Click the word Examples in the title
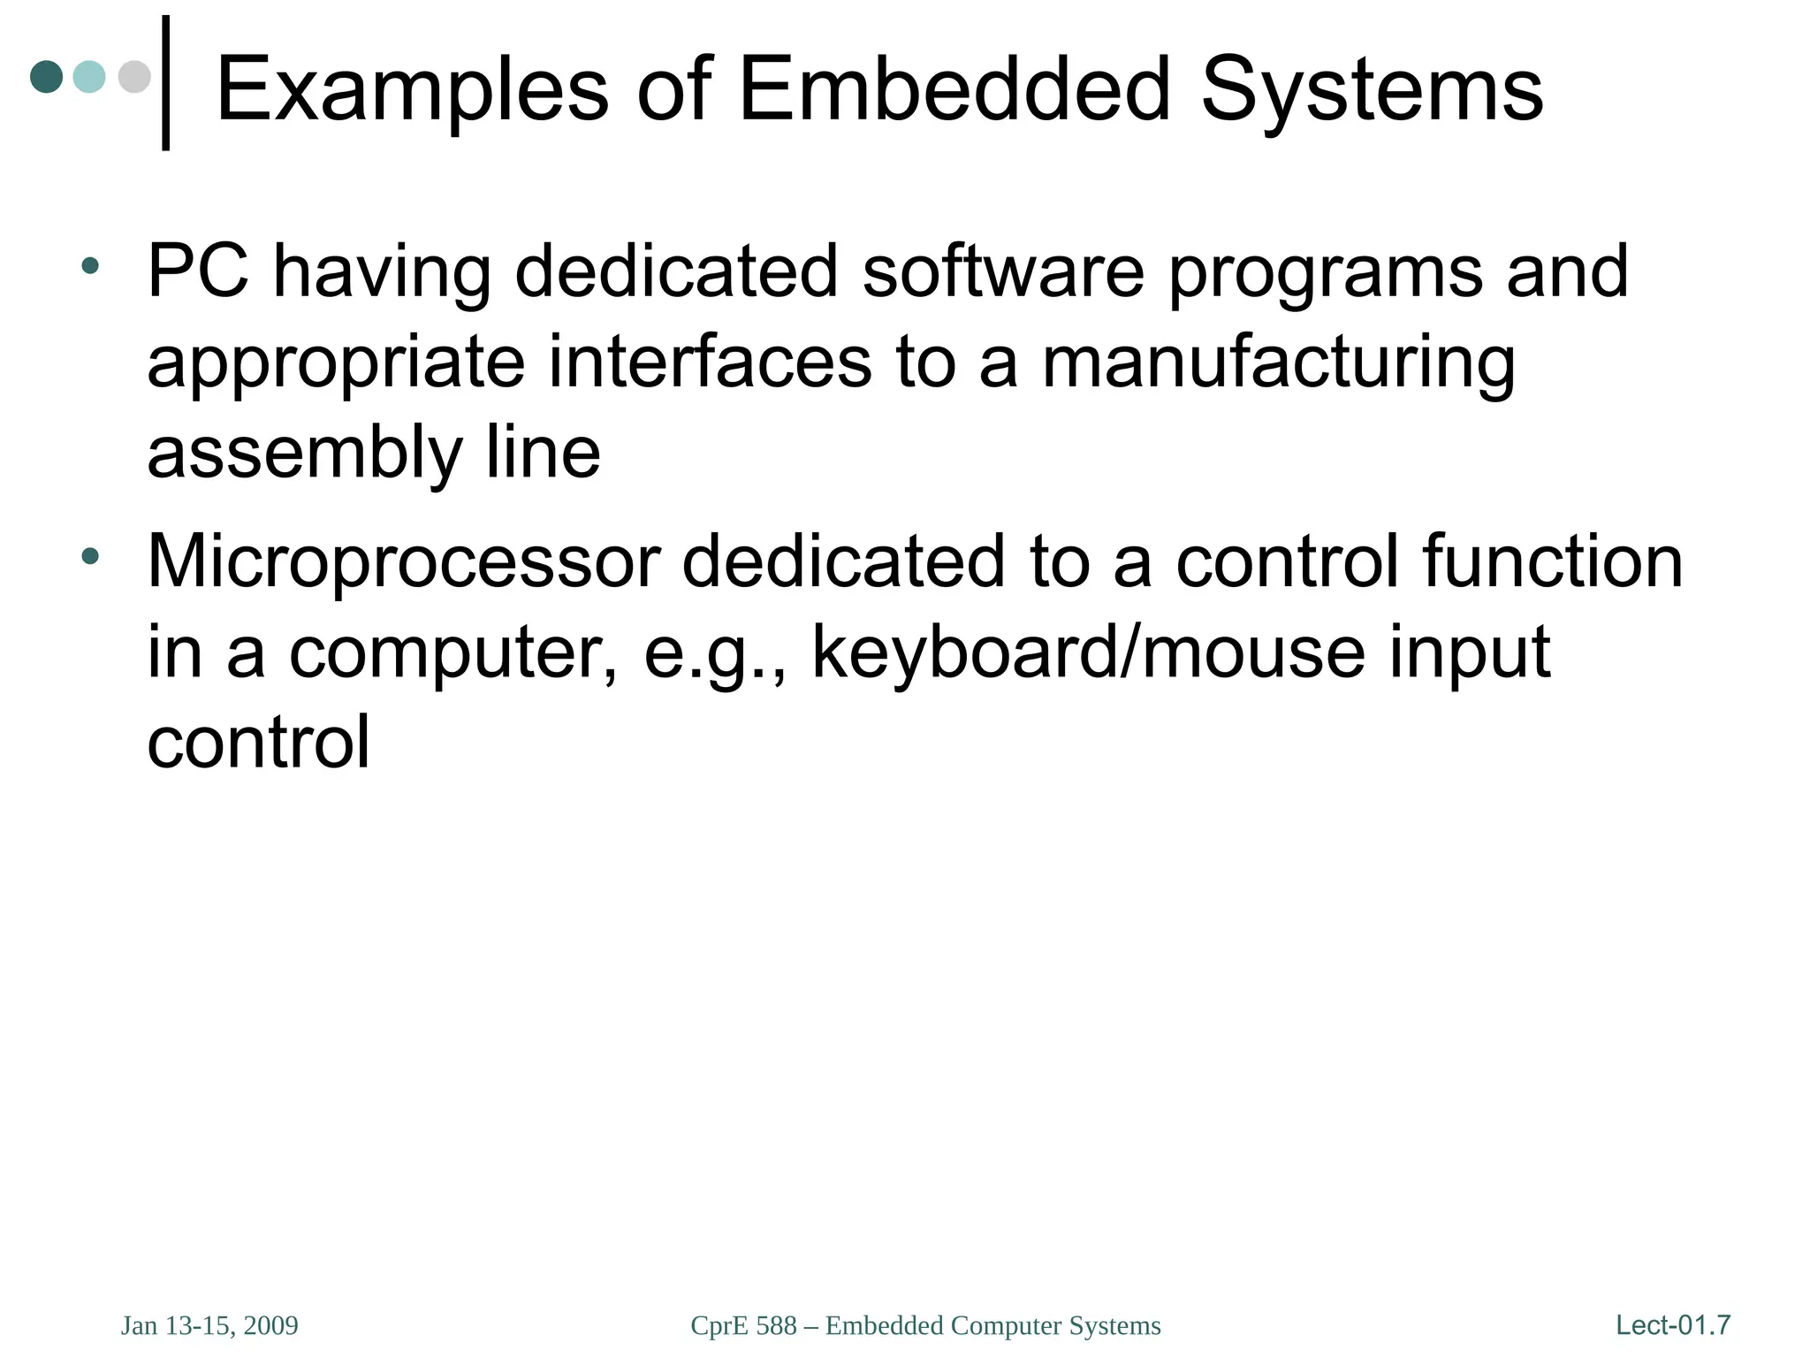tap(412, 90)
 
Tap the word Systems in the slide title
tap(1372, 90)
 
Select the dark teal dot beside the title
tap(46, 76)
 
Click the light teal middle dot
tap(89, 76)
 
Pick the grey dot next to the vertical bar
tap(134, 76)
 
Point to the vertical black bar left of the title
tap(165, 83)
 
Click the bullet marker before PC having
tap(89, 265)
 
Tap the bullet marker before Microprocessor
tap(89, 556)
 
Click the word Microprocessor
tap(403, 561)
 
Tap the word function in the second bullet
tap(1552, 561)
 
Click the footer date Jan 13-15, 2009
tap(209, 1325)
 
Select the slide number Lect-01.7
tap(1672, 1324)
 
